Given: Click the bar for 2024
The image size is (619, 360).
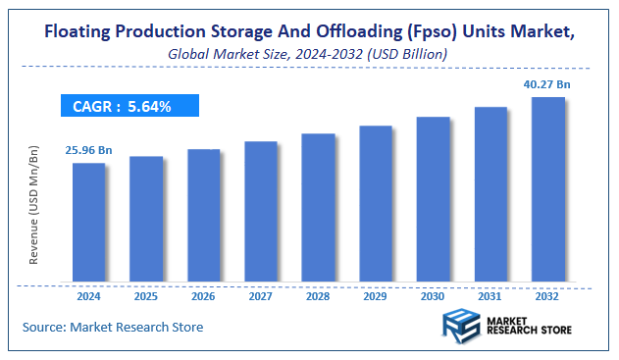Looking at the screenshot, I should pos(89,222).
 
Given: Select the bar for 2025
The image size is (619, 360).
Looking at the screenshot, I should pos(146,219).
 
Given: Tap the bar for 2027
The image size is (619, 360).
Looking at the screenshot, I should pos(261,211).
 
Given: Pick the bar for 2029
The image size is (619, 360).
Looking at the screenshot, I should pos(376,203).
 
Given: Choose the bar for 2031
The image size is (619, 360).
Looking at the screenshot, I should pos(490,193).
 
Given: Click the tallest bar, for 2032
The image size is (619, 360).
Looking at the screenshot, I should pos(547,188).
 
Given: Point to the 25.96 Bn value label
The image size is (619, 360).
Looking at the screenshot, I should pos(89,151).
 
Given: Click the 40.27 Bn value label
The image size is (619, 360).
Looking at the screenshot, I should pos(547,86).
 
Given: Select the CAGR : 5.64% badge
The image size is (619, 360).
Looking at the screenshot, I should pos(129,106).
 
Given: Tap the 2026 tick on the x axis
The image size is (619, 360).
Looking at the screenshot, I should pos(204,296).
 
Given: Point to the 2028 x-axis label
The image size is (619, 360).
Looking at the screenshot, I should pos(318,296).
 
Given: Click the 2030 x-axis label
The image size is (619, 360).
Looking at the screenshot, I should pos(433,296).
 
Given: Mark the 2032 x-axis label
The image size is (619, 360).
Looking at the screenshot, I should pos(547,296).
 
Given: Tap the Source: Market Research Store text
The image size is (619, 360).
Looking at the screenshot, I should pos(112,327).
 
